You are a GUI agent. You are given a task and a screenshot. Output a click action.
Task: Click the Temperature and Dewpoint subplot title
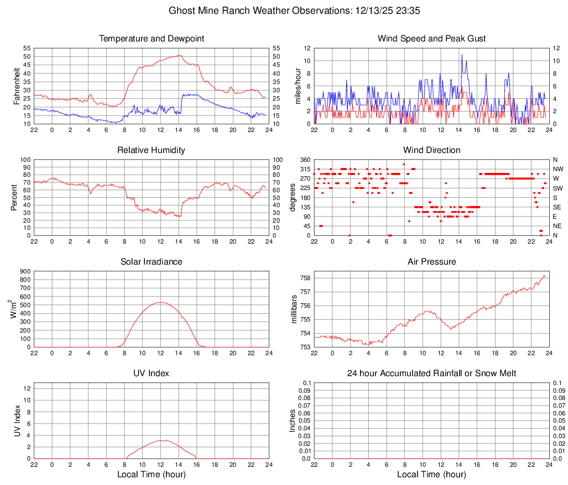[x=152, y=39]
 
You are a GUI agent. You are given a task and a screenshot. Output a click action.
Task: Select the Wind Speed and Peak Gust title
[x=431, y=39]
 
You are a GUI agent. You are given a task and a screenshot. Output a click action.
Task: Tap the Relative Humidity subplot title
[x=152, y=150]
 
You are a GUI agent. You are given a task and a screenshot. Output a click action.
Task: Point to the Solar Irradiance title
[x=152, y=262]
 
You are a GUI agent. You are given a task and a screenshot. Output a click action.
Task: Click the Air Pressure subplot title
[x=431, y=262]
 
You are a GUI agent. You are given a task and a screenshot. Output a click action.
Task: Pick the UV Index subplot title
[x=152, y=373]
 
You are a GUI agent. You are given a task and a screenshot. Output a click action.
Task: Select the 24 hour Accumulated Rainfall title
[x=431, y=373]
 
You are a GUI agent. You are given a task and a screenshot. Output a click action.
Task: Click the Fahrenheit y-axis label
[x=17, y=86]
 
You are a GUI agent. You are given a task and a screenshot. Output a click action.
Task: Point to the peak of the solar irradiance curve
[x=160, y=302]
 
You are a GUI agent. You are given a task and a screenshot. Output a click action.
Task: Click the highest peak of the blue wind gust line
[x=462, y=54]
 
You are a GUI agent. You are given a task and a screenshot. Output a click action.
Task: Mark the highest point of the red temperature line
[x=179, y=55]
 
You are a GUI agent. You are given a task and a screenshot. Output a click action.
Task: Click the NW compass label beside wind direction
[x=558, y=169]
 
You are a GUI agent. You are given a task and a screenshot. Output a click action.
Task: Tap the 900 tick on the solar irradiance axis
[x=25, y=271]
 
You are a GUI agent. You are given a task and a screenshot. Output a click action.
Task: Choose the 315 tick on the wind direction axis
[x=304, y=169]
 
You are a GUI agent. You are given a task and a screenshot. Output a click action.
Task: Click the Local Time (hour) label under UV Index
[x=152, y=475]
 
